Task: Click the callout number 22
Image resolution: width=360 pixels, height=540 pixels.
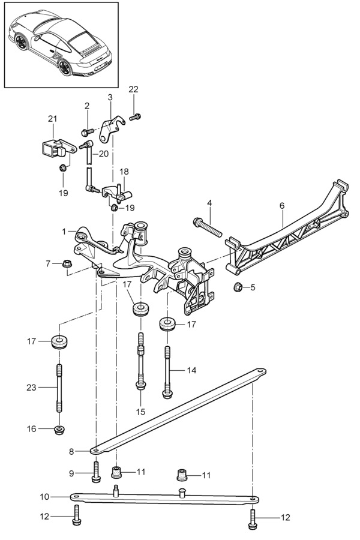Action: coord(133,89)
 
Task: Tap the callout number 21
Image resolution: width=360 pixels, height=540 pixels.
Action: coord(52,119)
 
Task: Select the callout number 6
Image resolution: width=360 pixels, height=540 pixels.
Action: coord(282,206)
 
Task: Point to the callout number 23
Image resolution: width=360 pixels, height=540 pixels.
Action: coord(31,388)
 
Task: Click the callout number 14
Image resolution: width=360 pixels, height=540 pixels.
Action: coord(191,370)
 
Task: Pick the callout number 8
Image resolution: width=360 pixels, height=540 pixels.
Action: coord(71,451)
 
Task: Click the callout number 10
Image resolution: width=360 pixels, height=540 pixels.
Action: coord(45,497)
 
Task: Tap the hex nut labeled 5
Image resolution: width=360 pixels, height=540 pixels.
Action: coord(238,287)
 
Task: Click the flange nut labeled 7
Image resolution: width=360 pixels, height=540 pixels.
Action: coord(67,264)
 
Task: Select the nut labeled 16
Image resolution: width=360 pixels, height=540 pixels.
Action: coord(59,430)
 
